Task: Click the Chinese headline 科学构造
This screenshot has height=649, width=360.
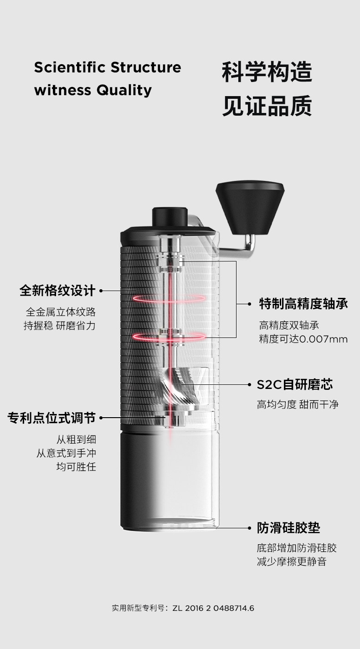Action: coord(267,72)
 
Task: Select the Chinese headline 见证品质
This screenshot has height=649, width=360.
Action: coord(267,106)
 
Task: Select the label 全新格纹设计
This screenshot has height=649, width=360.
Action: coord(57,290)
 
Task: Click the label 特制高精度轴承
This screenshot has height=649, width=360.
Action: coord(303,303)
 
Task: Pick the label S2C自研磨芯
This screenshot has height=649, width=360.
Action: coord(294,385)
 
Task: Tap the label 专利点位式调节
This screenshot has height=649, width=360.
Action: coord(51,418)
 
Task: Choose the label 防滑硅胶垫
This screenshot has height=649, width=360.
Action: coord(288,528)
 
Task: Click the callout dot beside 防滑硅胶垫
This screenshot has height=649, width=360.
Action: coord(249,528)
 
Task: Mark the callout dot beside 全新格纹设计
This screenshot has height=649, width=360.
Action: coord(101,291)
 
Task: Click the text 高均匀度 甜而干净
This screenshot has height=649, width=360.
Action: coord(298,404)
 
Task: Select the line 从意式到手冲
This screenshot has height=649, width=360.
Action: coord(66,453)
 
